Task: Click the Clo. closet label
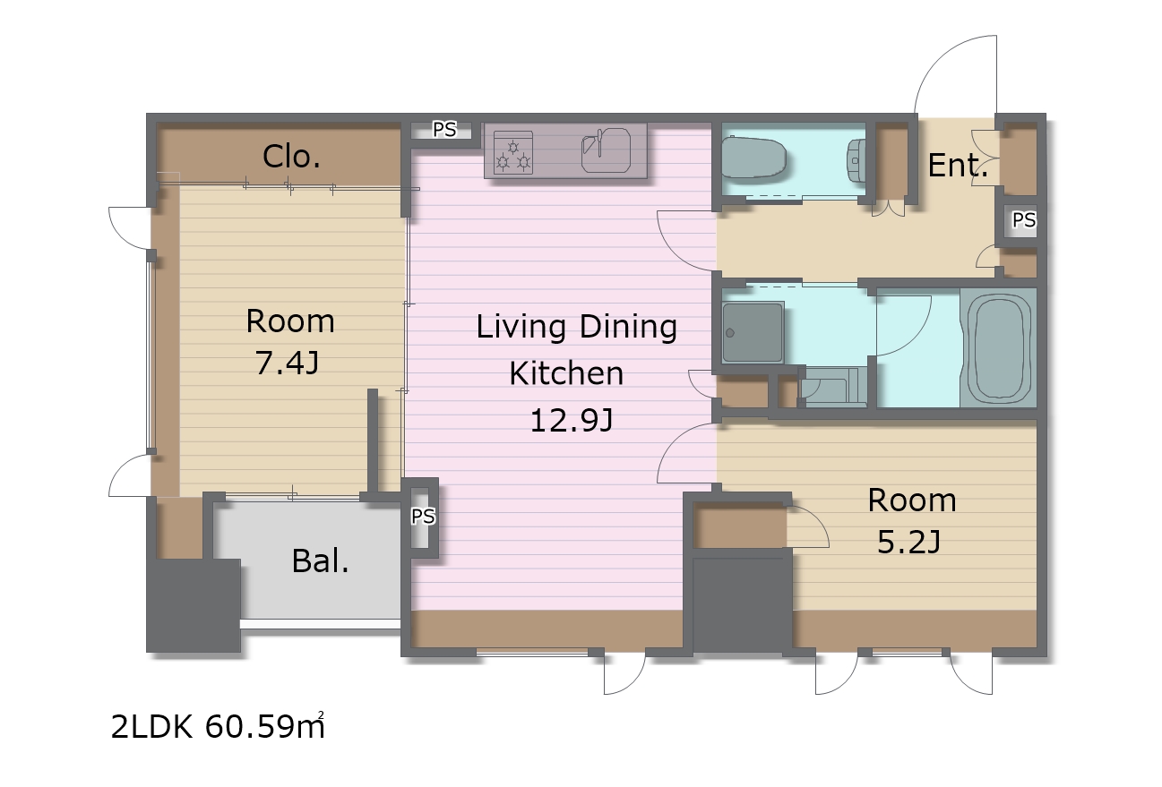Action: click(x=291, y=156)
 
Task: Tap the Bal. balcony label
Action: click(x=320, y=561)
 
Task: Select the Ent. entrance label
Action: click(x=958, y=166)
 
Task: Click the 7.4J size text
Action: click(x=287, y=363)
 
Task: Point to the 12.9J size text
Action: click(x=572, y=420)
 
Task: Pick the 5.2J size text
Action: click(x=908, y=543)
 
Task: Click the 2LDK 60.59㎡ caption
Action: click(x=218, y=726)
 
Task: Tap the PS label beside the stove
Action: click(x=444, y=129)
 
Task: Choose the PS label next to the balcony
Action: click(x=423, y=516)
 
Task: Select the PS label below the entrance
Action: click(x=1024, y=220)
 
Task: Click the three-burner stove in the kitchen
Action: click(x=513, y=152)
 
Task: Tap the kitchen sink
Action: click(x=606, y=150)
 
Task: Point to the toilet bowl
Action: click(x=753, y=157)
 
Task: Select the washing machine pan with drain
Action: click(x=753, y=332)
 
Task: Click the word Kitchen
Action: click(x=566, y=373)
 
